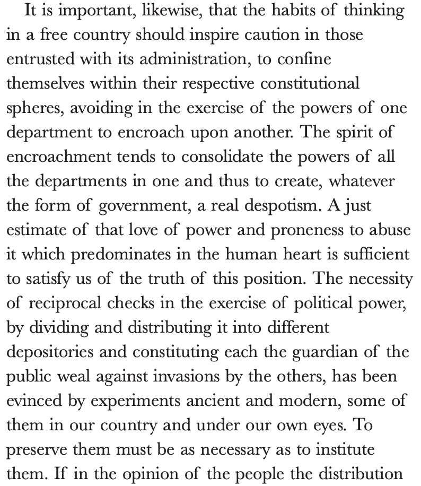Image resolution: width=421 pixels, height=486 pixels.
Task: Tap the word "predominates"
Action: click(128, 254)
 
